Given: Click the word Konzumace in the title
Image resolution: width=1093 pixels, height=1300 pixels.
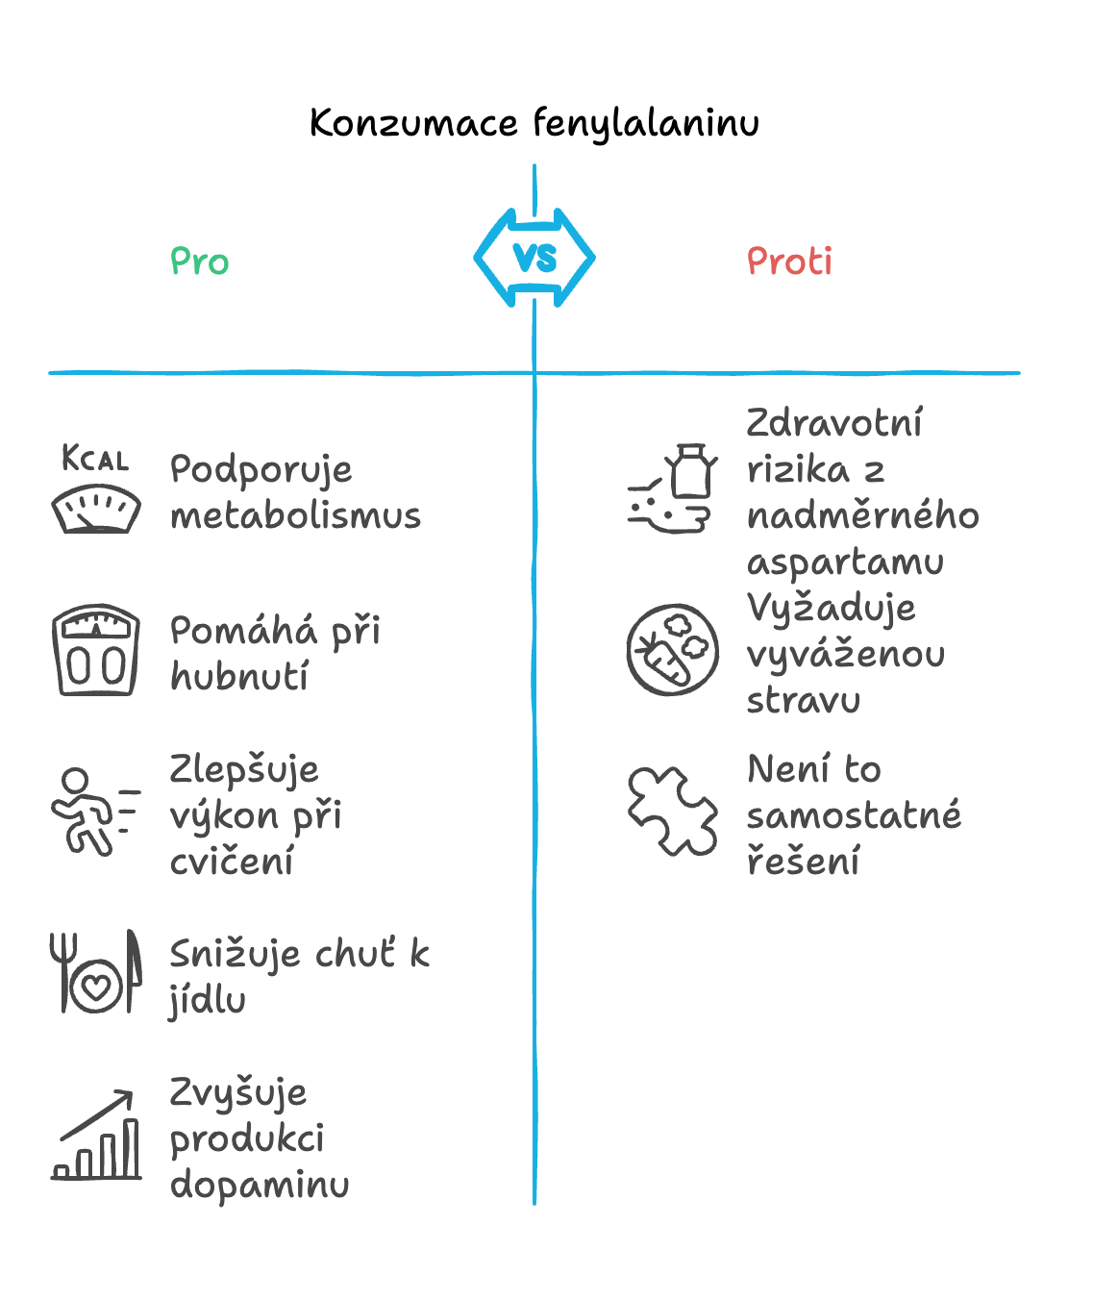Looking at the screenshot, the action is pos(414,123).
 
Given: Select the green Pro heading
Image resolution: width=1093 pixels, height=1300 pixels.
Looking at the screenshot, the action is pos(200,261).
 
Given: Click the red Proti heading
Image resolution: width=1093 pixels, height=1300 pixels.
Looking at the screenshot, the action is pos(789,261).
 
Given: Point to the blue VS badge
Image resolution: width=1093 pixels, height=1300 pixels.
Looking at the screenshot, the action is pos(534,258).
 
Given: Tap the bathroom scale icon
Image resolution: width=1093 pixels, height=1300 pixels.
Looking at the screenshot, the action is pos(96,649).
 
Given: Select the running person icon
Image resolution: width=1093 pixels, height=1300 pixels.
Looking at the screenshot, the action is pos(95,812).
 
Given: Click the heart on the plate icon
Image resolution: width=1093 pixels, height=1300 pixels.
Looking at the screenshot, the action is pos(96,987).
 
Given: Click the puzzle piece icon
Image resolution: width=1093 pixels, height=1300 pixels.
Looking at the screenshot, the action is pos(672,812).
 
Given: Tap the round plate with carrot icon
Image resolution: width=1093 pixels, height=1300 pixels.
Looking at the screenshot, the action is pos(672,649).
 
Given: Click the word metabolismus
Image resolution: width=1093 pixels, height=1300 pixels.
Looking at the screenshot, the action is pos(296,515).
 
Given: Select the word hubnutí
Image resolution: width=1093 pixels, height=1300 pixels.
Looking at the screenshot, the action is pos(239,676).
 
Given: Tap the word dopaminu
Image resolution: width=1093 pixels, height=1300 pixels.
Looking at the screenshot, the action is pos(260,1186).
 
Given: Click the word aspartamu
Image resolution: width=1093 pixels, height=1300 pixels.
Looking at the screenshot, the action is pos(845,562).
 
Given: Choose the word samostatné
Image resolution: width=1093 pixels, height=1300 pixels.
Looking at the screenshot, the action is pos(854,815).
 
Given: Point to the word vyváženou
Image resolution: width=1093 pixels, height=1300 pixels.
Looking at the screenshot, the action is pos(846,655).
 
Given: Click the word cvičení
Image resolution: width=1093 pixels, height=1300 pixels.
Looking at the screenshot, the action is pos(232,862).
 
